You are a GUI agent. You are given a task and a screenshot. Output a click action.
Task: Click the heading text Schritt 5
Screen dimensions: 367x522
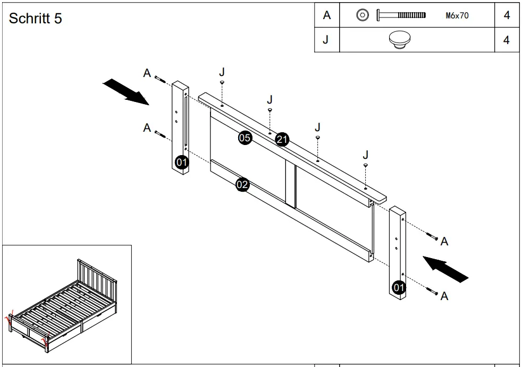click(x=36, y=19)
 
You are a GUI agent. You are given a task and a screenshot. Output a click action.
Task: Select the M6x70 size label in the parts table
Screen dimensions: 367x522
click(x=457, y=16)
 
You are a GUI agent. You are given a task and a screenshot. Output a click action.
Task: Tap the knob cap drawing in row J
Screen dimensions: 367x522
click(x=401, y=40)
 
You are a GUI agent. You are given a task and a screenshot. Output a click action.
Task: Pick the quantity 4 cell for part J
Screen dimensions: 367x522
click(x=506, y=40)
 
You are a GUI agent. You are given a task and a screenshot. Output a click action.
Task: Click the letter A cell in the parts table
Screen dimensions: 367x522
click(x=326, y=15)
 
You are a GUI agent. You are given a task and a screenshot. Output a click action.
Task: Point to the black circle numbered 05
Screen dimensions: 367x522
click(x=245, y=138)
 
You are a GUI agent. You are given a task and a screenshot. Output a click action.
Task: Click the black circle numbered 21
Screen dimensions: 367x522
click(x=282, y=140)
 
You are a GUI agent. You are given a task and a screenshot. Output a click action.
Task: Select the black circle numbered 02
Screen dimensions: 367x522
click(x=242, y=185)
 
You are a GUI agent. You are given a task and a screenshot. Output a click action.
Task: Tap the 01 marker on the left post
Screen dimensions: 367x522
click(x=182, y=162)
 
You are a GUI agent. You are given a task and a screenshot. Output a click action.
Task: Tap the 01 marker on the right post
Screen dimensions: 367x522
click(x=399, y=287)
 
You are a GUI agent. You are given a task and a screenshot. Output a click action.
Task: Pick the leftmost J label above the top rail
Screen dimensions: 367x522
click(x=222, y=72)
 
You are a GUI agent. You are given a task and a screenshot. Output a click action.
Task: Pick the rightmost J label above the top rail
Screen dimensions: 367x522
click(x=366, y=155)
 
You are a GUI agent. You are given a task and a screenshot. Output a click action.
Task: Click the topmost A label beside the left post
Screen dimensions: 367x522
click(x=147, y=73)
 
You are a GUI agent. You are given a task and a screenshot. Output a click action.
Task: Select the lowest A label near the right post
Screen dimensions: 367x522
click(x=444, y=296)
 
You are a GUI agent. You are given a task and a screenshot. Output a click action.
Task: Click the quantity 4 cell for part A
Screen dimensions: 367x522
click(x=506, y=15)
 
